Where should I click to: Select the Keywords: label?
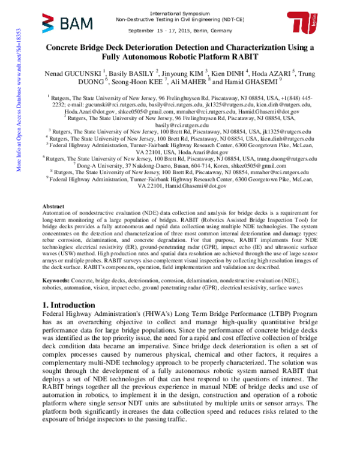point(61,280)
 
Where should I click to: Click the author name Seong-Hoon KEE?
point(133,82)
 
